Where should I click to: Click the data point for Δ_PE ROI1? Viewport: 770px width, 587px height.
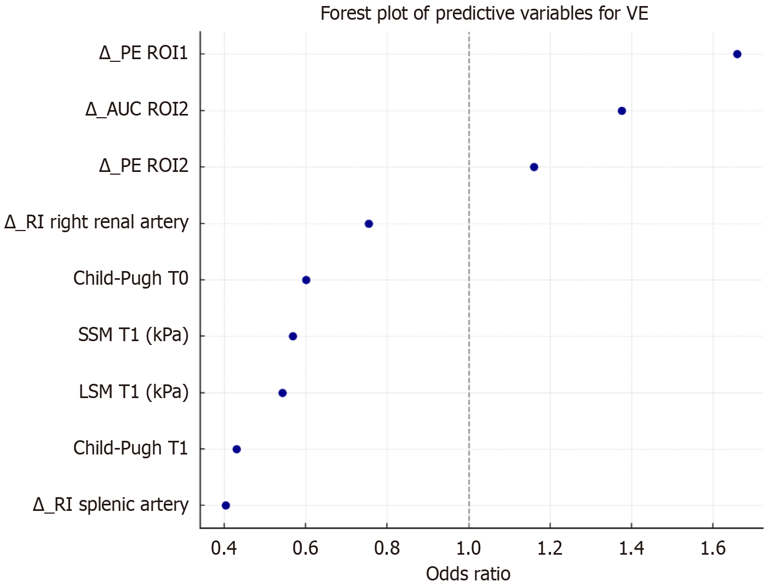point(737,54)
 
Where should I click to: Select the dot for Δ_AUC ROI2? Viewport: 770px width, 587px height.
point(622,111)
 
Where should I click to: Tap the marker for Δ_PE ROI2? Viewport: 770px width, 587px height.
point(534,167)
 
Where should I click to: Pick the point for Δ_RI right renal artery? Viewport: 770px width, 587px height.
point(369,223)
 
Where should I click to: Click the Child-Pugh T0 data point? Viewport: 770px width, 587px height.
point(306,280)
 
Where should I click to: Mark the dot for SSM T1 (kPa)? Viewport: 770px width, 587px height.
point(293,336)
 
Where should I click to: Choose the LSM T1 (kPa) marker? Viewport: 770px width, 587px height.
point(283,393)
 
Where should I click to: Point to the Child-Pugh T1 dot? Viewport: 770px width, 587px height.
point(237,449)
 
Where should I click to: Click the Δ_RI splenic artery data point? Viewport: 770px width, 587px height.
point(226,505)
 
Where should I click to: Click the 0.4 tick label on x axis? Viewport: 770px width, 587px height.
point(224,548)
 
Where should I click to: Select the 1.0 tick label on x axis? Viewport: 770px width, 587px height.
point(469,548)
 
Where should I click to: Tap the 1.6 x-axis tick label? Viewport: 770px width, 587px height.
point(713,548)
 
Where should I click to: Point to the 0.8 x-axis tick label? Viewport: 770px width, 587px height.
point(387,548)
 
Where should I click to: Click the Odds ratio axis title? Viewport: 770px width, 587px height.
point(468,574)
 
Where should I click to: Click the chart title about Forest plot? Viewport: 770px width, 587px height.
point(484,13)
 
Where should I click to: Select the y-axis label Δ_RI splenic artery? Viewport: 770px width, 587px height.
point(111,505)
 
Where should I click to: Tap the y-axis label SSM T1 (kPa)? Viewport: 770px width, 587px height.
point(133,335)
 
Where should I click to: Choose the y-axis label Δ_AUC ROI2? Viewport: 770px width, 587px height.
point(137,110)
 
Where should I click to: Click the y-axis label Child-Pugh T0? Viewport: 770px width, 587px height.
point(131,279)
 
